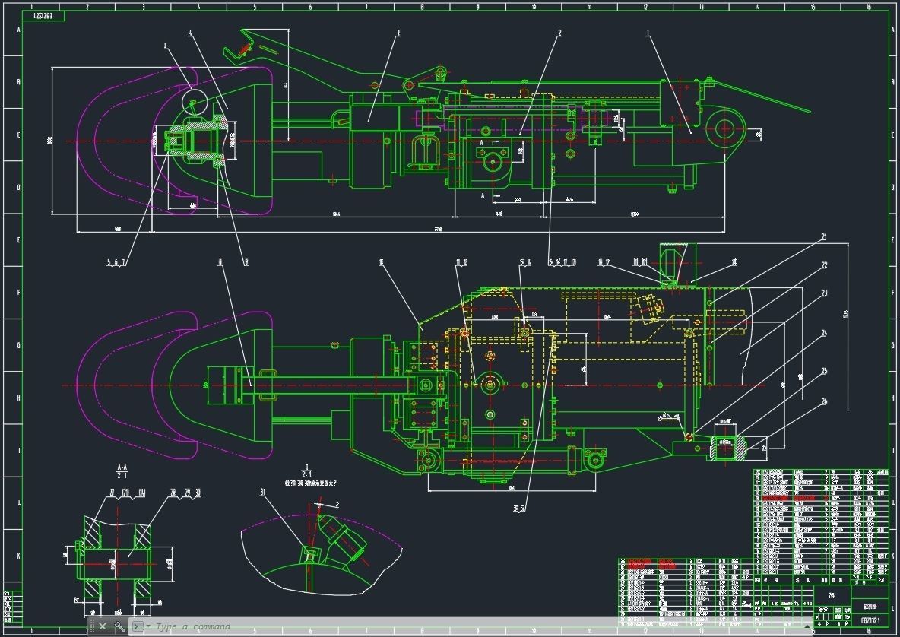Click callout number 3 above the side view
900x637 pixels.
398,33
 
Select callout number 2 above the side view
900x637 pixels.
559,33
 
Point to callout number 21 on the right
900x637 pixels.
823,237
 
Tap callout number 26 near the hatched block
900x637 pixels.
824,401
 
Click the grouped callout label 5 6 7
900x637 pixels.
117,262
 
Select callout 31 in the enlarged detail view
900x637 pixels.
264,493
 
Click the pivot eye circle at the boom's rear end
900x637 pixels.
724,128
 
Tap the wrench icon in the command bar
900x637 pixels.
119,626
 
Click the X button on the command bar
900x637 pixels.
103,626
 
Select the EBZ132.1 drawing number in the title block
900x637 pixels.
870,620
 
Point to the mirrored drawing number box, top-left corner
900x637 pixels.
48,16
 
